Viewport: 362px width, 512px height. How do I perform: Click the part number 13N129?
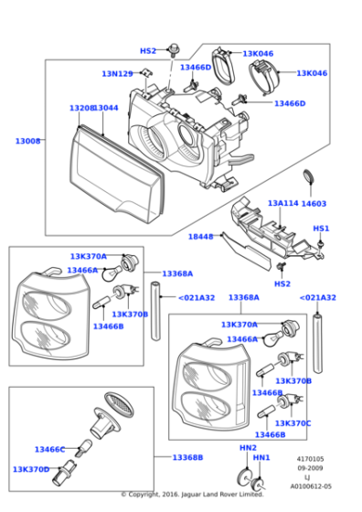tap(116, 74)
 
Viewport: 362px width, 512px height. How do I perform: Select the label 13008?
tap(27, 142)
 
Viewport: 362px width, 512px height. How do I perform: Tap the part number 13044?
tap(107, 108)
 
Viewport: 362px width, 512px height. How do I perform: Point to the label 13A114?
tap(282, 203)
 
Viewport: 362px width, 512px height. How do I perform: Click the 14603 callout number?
tap(314, 203)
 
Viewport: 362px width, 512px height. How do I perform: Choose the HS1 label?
tap(321, 229)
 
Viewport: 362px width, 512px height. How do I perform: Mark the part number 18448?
tap(200, 237)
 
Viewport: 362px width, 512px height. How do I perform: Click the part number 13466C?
tap(49, 449)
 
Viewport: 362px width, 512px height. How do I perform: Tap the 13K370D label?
tap(31, 469)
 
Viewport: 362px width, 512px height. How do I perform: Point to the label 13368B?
tap(187, 457)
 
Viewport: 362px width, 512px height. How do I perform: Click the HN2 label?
tap(248, 447)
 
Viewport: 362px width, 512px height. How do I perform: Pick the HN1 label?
tap(261, 457)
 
